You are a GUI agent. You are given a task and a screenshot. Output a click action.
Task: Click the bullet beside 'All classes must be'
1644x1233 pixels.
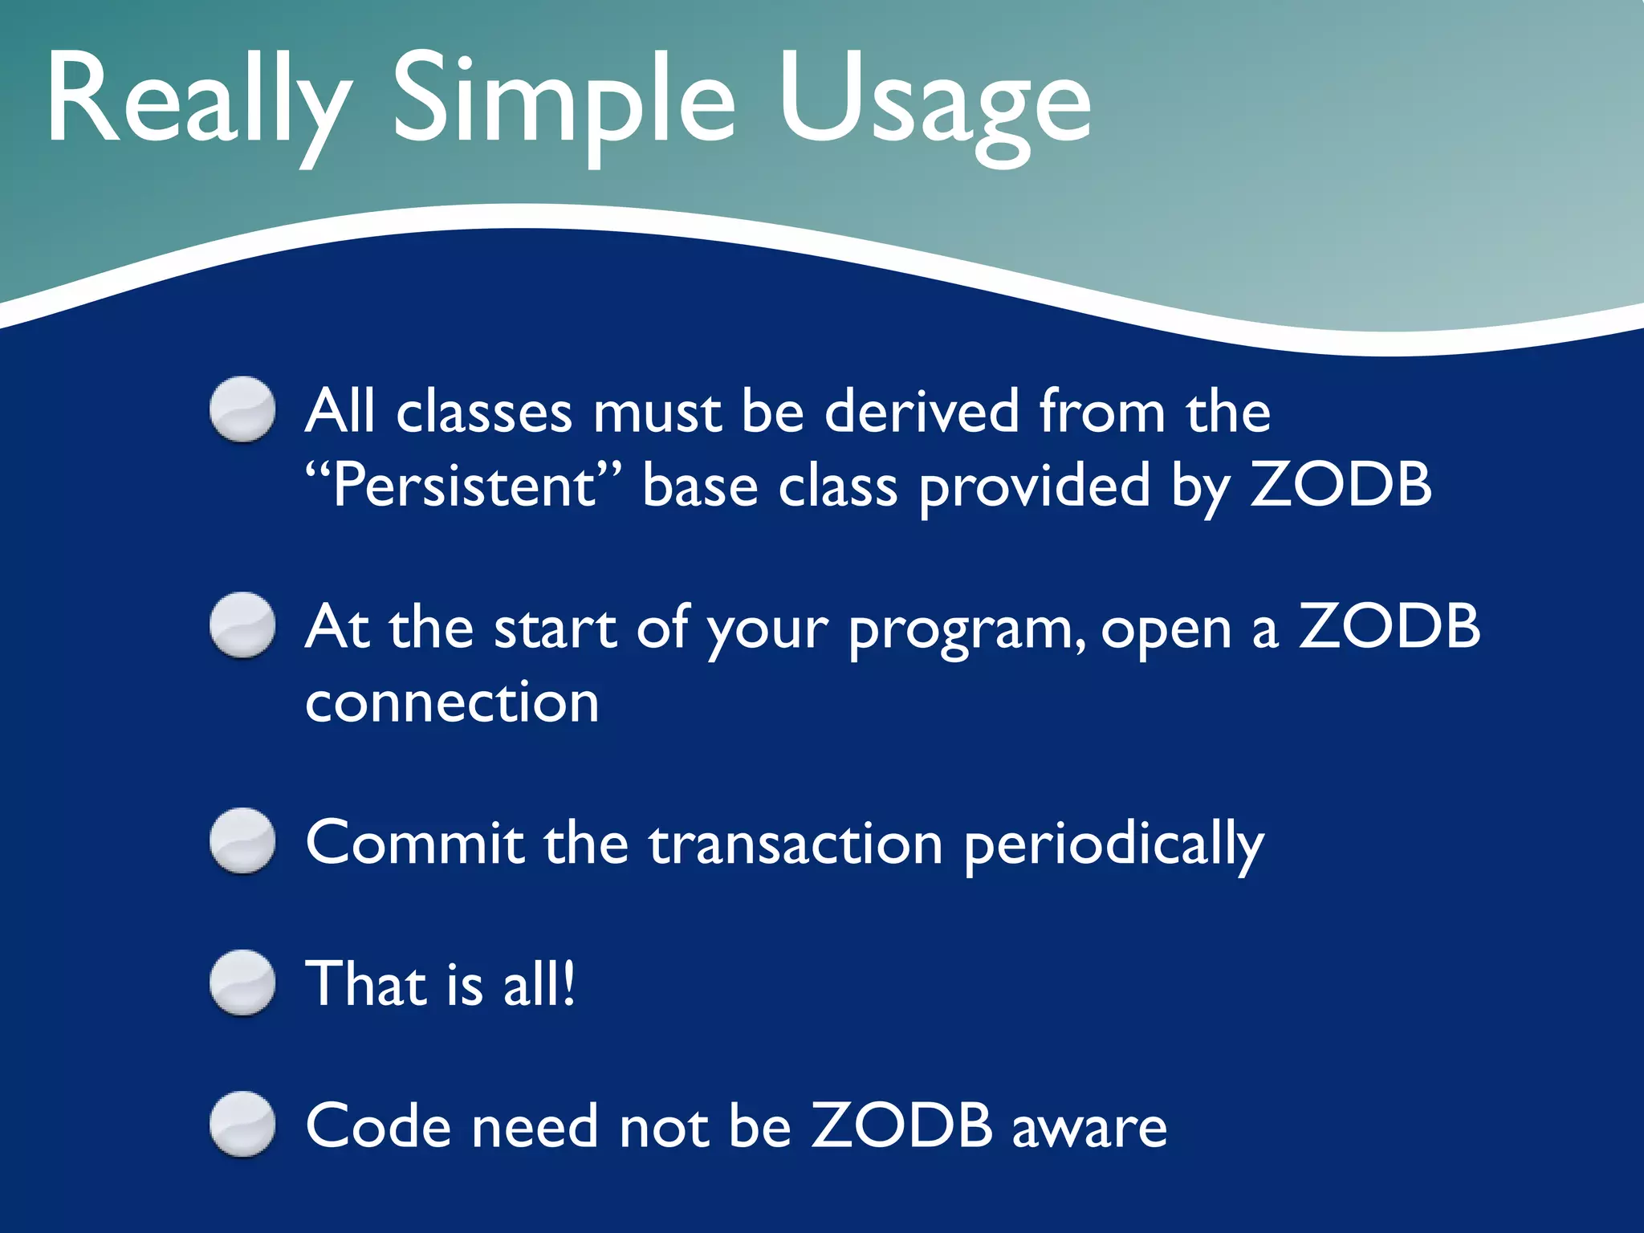point(242,409)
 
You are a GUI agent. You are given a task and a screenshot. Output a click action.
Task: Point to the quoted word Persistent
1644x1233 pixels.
point(463,486)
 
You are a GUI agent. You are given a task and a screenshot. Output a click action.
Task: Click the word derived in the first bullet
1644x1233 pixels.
point(922,411)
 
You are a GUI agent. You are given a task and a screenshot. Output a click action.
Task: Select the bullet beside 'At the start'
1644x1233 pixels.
point(242,625)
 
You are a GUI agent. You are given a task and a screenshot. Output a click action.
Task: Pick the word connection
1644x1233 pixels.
point(452,702)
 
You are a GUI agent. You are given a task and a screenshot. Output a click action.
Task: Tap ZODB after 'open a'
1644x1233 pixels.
point(1390,625)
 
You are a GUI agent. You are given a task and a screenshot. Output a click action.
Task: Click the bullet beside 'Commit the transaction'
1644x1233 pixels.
point(242,840)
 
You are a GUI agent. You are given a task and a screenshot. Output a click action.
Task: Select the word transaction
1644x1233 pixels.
point(795,844)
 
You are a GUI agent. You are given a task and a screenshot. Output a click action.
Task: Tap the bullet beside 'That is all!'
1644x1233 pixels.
point(242,983)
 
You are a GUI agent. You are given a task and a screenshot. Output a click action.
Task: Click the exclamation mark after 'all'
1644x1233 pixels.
point(568,984)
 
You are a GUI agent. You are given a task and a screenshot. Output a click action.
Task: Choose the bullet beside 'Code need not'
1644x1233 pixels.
point(242,1124)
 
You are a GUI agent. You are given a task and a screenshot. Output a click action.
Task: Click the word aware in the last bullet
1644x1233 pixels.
point(1089,1128)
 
